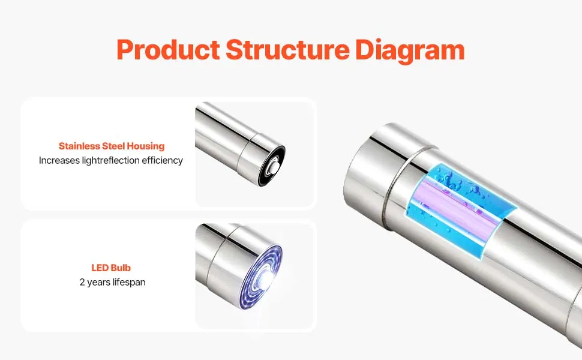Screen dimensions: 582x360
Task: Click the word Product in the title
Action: (169, 50)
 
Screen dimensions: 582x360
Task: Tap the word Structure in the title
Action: (287, 50)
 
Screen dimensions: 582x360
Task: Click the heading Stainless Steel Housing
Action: (112, 146)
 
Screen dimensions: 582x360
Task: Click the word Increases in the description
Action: (59, 160)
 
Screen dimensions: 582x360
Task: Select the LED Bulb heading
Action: (111, 268)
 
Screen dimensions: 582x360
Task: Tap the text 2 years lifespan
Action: (112, 282)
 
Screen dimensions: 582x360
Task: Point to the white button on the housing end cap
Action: (274, 166)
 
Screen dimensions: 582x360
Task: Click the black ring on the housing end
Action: (271, 166)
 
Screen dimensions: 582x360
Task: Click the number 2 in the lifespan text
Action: (82, 282)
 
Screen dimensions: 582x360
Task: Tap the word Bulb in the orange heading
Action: (121, 268)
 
